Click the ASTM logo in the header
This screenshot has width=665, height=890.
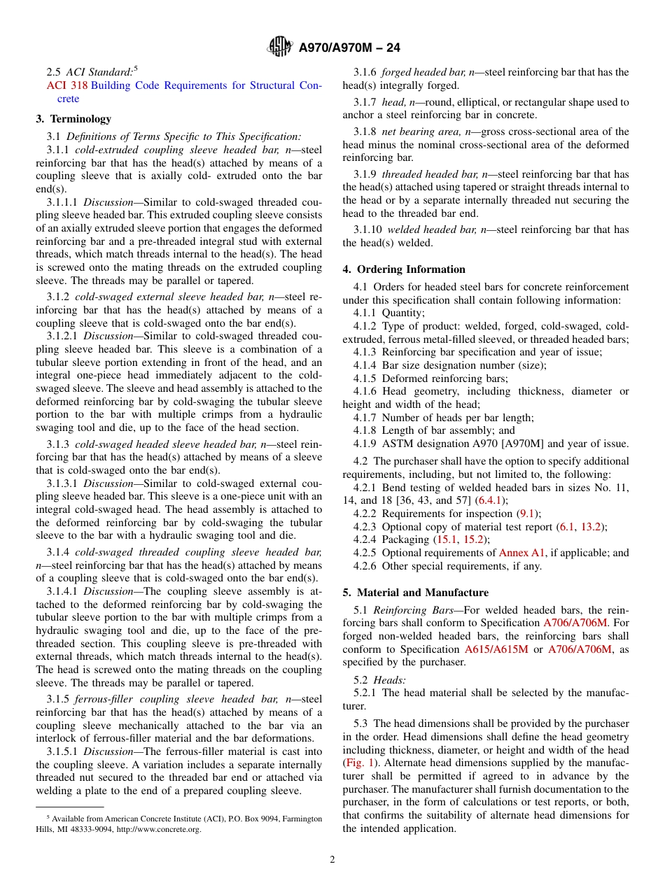point(280,48)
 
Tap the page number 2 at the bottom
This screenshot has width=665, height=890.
point(332,860)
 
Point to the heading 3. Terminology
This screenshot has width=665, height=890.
point(73,119)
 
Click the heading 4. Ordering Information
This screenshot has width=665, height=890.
point(404,269)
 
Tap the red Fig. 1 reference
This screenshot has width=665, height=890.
point(359,763)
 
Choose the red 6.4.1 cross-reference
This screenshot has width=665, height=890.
point(491,500)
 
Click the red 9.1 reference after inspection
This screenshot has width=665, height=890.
point(526,514)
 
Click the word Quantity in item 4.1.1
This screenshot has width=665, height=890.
point(402,313)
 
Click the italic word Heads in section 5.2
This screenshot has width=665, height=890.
point(389,679)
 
